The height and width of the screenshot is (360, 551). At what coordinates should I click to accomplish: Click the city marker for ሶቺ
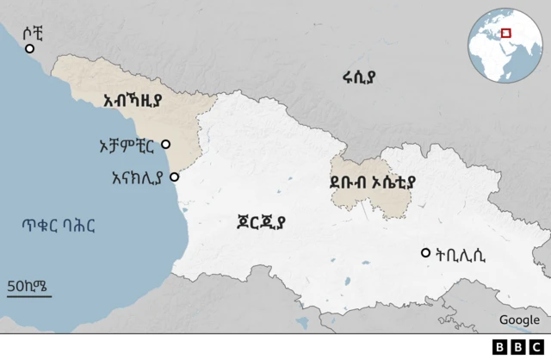[30, 49]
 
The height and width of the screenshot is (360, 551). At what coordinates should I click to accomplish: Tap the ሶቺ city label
[32, 32]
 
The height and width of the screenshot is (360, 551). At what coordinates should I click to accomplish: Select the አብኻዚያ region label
[133, 101]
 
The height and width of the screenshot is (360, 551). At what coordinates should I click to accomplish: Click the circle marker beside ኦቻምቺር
[165, 145]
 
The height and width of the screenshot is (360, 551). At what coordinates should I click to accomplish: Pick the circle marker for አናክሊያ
[175, 177]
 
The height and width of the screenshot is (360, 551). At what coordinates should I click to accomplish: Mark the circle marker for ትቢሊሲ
[425, 253]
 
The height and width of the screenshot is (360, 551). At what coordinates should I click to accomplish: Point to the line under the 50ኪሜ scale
[28, 296]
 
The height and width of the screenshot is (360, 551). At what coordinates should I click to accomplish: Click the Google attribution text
[519, 320]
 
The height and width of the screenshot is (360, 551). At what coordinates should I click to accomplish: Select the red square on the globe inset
[506, 34]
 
